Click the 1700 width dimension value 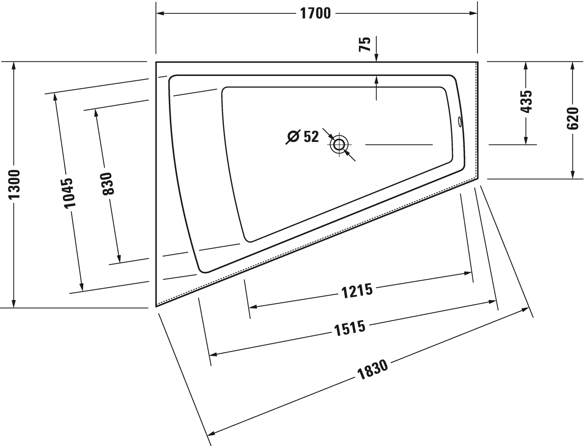[x=315, y=13]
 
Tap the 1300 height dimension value [x=14, y=184]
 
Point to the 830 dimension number [x=107, y=184]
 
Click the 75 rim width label [x=365, y=44]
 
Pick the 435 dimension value [x=526, y=102]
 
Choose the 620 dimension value [x=572, y=119]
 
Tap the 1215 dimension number [x=357, y=291]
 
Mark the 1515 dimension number [x=350, y=328]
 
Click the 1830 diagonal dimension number [x=372, y=370]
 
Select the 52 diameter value [x=311, y=137]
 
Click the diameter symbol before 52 [x=293, y=137]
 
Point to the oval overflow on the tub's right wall [x=460, y=122]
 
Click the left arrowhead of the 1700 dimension [x=160, y=13]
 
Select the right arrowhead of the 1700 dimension [x=473, y=13]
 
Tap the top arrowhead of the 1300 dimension [x=13, y=66]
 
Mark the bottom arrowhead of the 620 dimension [x=572, y=175]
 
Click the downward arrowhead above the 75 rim [x=376, y=58]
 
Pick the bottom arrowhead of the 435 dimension [x=526, y=140]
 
